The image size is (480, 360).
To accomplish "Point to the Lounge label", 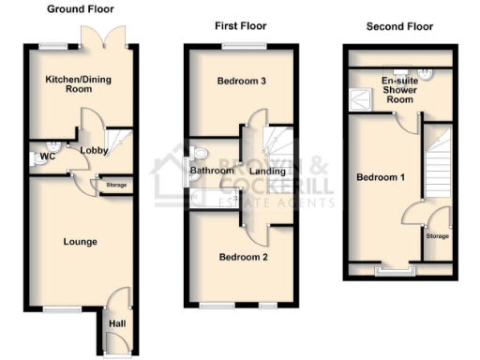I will [x=80, y=242].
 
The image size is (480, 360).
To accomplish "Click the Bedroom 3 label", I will [x=242, y=82].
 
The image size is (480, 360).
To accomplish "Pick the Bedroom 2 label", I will [x=243, y=257].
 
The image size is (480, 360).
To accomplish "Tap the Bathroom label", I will [x=212, y=171].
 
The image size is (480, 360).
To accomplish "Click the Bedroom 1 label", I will [x=378, y=177].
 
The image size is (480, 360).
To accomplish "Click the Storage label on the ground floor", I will [x=116, y=186].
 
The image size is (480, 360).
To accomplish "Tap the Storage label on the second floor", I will [x=437, y=236].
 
